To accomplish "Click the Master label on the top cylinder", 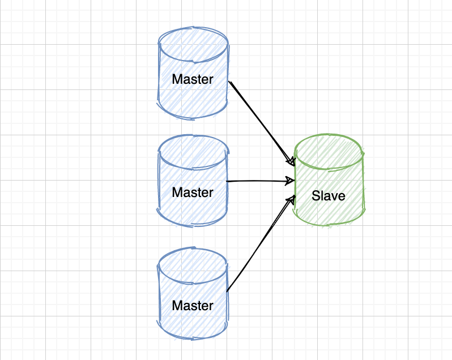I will (193, 79).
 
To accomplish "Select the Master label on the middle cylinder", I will (193, 192).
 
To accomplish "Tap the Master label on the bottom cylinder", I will (193, 306).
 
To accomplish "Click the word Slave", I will (329, 196).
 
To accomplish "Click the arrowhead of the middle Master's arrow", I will (291, 181).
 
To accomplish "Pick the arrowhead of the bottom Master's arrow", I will (293, 199).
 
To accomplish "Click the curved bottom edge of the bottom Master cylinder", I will (193, 338).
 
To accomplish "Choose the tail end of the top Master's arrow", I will (230, 83).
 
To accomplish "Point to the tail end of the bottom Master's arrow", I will (227, 292).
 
